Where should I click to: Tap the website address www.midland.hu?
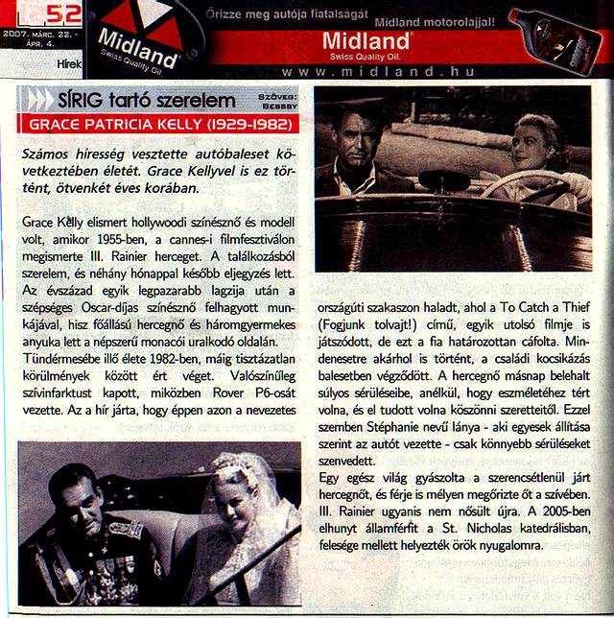pos(367,71)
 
